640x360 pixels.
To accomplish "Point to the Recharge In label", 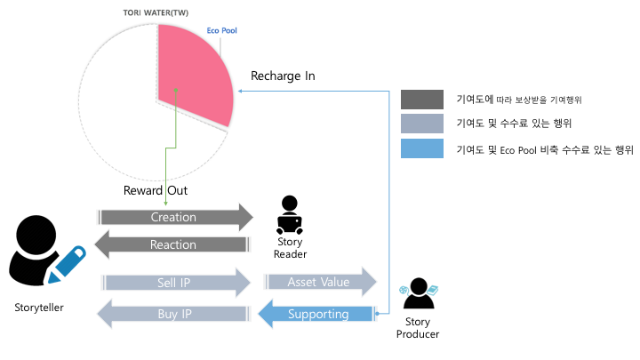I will click(x=283, y=76).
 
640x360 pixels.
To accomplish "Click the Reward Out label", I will click(x=156, y=190).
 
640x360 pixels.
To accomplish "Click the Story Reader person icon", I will click(x=290, y=214).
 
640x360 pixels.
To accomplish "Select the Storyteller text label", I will click(x=39, y=308).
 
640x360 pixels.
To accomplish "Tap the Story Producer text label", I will click(x=416, y=327).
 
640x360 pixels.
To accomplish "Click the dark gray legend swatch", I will click(x=422, y=100).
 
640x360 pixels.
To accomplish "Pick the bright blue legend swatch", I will click(x=422, y=150).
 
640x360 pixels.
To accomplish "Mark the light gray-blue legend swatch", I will click(x=422, y=124).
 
